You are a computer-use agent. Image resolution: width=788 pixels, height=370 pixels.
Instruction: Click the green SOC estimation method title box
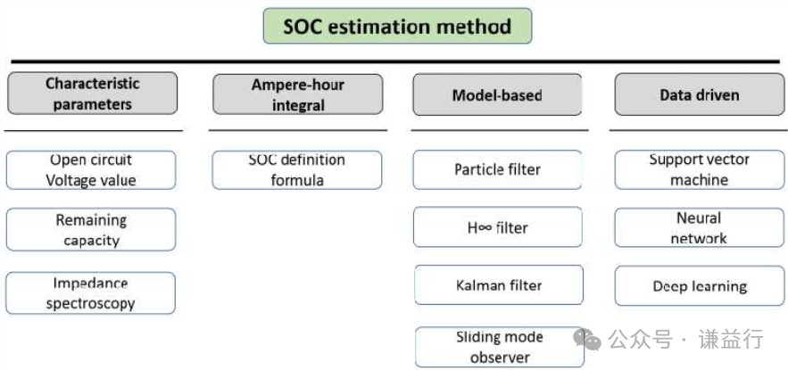397,27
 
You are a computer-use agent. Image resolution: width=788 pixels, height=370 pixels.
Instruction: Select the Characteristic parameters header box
93,94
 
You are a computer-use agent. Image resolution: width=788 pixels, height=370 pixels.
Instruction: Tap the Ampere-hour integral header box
298,95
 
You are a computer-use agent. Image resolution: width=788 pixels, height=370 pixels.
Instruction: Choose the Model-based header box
497,95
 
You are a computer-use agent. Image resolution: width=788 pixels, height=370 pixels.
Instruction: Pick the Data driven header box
700,95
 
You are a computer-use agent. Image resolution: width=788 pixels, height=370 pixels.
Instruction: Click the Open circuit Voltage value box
91,170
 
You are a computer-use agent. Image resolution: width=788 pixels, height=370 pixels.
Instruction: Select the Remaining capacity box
91,230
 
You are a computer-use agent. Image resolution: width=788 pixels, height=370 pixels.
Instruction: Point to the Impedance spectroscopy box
91,293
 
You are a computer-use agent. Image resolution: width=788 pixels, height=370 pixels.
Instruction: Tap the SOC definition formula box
297,170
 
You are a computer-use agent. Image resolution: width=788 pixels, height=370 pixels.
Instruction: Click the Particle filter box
497,169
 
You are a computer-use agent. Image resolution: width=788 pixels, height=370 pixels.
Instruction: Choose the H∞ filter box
497,227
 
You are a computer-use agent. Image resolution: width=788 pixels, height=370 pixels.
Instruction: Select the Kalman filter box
497,285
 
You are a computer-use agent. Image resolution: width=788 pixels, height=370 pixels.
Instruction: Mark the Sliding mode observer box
500,347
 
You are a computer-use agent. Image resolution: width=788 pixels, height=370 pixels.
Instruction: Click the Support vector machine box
700,169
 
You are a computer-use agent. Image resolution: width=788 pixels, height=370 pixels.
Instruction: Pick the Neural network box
700,228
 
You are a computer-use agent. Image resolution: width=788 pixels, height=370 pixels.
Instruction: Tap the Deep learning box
700,286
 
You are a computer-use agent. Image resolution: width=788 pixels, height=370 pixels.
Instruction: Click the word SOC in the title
302,27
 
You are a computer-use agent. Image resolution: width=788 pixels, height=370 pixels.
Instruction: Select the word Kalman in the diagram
479,285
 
